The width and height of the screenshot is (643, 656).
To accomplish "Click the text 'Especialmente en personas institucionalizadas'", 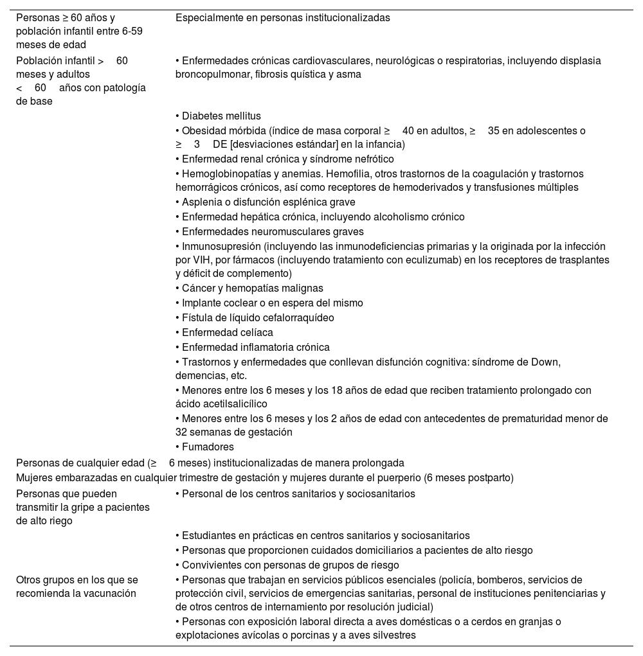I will click(282, 18).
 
